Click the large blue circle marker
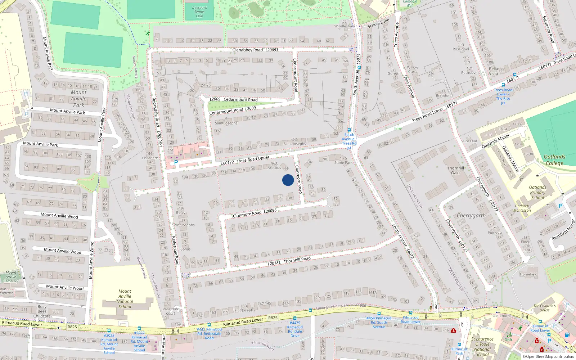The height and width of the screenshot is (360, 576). [288, 180]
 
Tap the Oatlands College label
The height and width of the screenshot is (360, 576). [554, 160]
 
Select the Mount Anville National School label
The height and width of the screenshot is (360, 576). [125, 299]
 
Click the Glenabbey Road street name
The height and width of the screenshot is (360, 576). [248, 50]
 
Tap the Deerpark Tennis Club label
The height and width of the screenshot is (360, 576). [199, 12]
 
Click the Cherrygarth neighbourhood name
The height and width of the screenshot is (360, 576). [471, 215]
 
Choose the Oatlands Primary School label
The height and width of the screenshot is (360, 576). [537, 192]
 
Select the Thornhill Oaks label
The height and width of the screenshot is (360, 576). [456, 170]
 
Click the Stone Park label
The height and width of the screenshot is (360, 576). [343, 163]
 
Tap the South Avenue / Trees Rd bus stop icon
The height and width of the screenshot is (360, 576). [349, 130]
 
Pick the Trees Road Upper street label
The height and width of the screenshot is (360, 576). [253, 159]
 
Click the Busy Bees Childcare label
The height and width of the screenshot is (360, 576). [42, 311]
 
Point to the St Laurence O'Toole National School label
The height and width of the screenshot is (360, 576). [482, 346]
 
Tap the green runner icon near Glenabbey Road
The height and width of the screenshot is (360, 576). [148, 33]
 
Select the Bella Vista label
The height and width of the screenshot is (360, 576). [494, 71]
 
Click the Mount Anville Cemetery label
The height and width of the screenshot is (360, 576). [11, 277]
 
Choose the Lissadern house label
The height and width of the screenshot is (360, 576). [150, 158]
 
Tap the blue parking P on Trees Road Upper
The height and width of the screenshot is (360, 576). [176, 163]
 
